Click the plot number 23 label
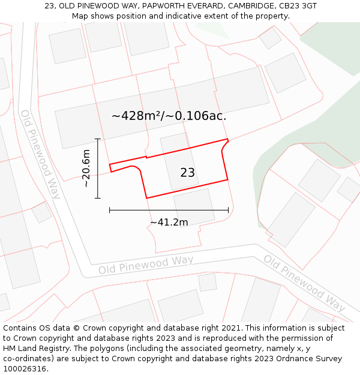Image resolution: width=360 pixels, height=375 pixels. tap(187, 173)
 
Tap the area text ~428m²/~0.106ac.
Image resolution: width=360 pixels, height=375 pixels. tap(169, 116)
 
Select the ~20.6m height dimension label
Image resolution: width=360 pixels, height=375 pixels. tap(86, 169)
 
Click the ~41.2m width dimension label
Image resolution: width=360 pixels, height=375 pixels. tap(169, 223)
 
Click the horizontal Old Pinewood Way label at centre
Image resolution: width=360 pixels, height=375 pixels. tap(146, 265)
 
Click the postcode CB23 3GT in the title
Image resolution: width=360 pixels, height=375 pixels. tap(298, 6)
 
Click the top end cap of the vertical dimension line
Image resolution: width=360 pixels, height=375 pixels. tap(97, 139)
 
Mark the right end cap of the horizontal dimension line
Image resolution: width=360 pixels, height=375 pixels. tap(228, 210)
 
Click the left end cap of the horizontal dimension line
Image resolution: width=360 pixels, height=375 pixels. tap(110, 210)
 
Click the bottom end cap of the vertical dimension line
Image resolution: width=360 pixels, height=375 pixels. tap(97, 198)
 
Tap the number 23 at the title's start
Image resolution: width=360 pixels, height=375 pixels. tap(50, 6)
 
